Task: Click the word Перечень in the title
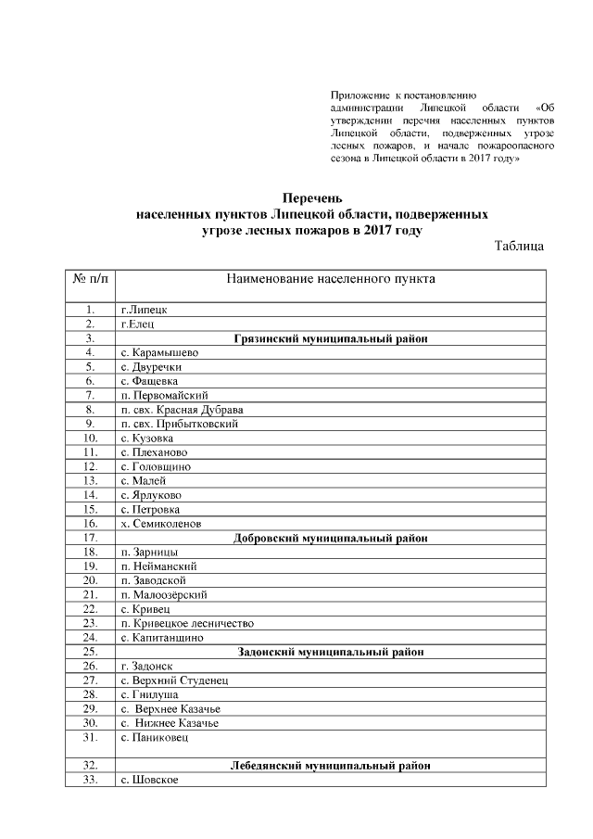tap(312, 197)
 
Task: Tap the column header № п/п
tap(90, 278)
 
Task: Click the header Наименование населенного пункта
tap(331, 278)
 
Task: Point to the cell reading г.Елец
tap(138, 324)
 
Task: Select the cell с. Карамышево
tap(159, 352)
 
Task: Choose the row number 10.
tap(90, 438)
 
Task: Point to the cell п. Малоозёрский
tap(164, 594)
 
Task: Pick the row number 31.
tap(90, 737)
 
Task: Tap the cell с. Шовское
tap(149, 780)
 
